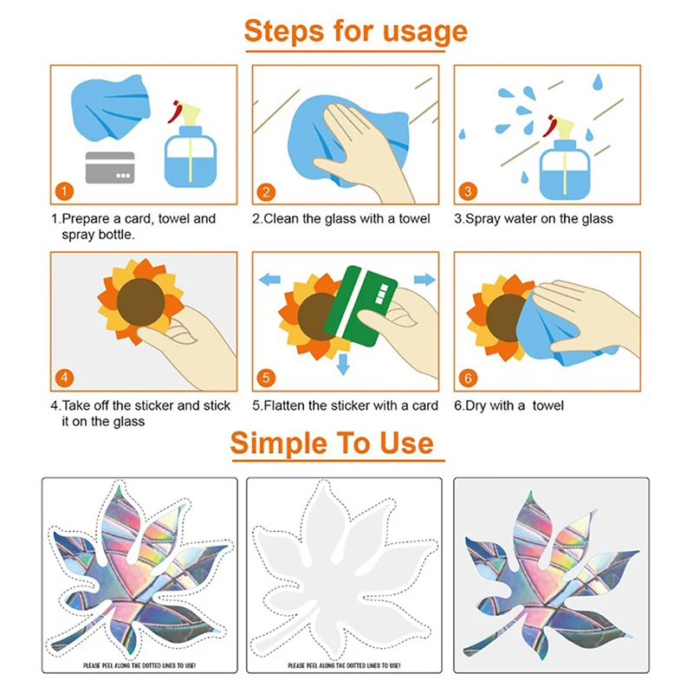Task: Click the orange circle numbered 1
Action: tap(64, 191)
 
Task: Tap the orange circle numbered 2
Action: tap(266, 191)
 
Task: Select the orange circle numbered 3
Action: tap(468, 191)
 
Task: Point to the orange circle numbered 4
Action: tap(64, 378)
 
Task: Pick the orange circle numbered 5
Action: tap(266, 378)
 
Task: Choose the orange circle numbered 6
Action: tap(468, 378)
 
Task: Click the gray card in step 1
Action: tap(110, 167)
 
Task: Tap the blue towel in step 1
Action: tap(111, 108)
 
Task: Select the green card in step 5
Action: tap(360, 305)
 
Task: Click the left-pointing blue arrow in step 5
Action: tap(269, 279)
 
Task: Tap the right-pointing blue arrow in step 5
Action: tap(424, 279)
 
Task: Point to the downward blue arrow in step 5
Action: tap(343, 364)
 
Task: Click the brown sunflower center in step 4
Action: tap(140, 301)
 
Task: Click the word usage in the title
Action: tap(424, 32)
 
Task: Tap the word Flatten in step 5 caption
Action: tap(285, 405)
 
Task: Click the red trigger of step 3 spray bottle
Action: tap(550, 126)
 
